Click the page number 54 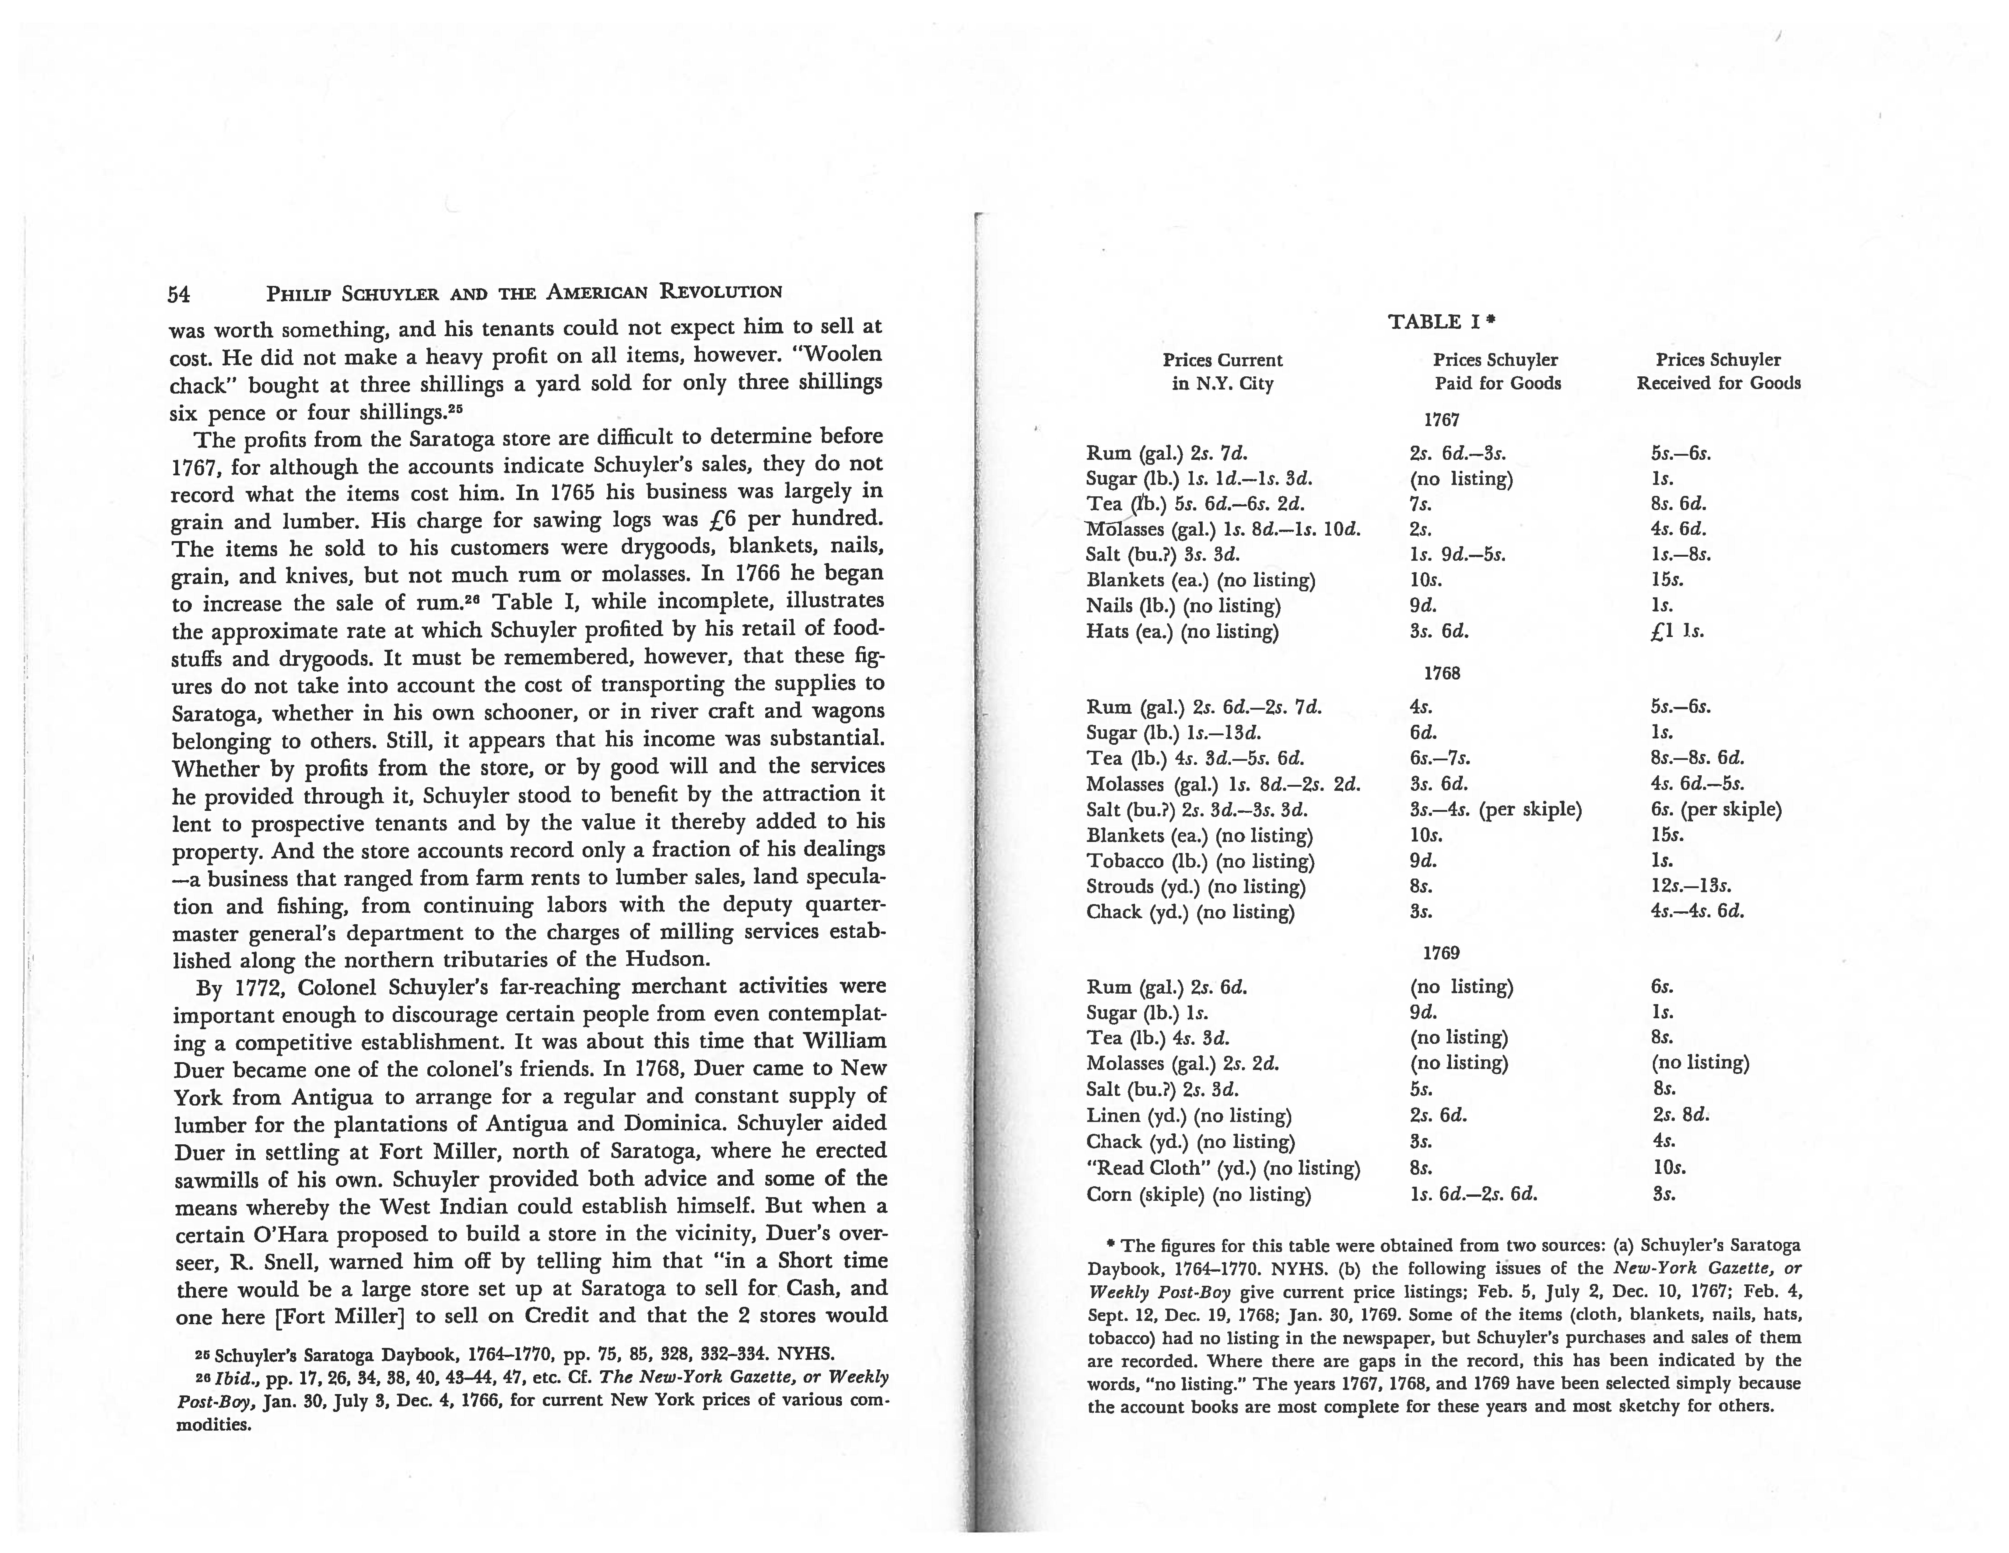coord(178,294)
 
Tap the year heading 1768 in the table coord(1441,674)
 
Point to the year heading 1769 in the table coord(1441,953)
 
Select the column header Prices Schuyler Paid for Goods coord(1497,372)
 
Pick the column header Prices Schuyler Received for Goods coord(1718,372)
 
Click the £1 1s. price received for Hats coord(1677,632)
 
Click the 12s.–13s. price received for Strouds coord(1691,887)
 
